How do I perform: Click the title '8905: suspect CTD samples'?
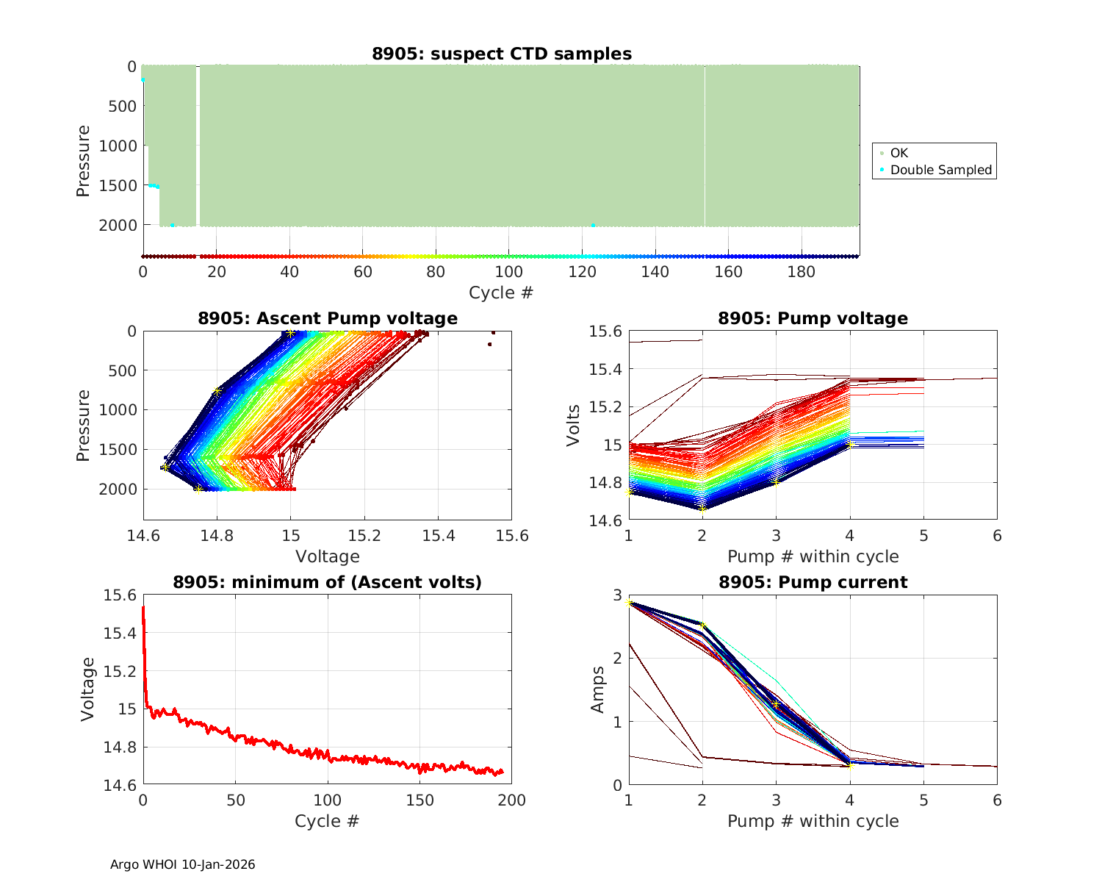tap(502, 54)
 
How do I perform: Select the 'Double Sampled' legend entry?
tap(940, 170)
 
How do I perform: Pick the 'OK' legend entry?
tap(898, 153)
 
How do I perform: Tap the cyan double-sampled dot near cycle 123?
tap(593, 225)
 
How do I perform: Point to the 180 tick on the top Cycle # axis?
tap(802, 272)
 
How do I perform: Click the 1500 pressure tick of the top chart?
tap(118, 185)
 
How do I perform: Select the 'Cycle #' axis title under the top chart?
tap(501, 293)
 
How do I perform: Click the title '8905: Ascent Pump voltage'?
tap(328, 318)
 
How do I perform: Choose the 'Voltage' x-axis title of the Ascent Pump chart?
tap(328, 556)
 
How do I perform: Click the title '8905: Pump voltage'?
tap(813, 318)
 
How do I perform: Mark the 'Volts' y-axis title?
tap(574, 426)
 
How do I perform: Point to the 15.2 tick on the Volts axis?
tap(606, 407)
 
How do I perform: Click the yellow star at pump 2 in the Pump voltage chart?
tap(702, 509)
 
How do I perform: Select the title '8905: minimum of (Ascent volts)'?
tap(328, 582)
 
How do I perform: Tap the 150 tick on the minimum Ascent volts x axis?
tap(419, 800)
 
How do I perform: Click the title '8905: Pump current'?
tap(813, 582)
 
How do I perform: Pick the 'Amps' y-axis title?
tap(599, 689)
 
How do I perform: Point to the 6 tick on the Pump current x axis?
tap(997, 800)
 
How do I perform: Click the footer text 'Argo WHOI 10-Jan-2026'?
tap(183, 864)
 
